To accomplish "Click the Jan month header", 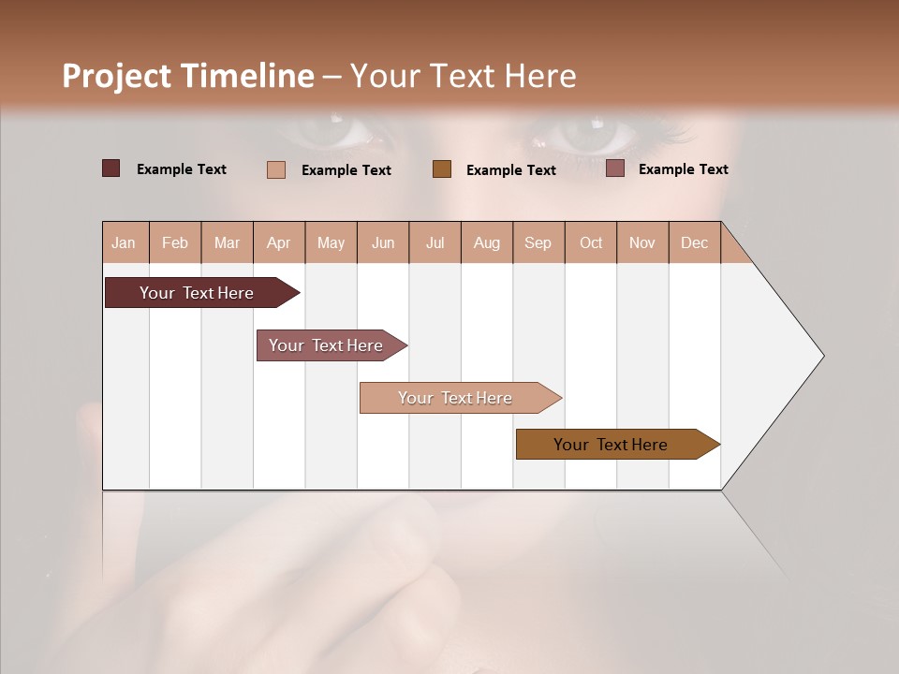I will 125,242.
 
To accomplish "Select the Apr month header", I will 279,242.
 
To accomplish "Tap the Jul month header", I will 435,242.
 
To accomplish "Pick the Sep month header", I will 538,242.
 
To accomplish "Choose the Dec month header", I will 694,242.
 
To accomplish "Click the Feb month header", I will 175,242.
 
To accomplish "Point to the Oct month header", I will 591,242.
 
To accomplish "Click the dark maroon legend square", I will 111,168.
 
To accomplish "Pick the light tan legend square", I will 276,169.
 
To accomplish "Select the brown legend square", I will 442,168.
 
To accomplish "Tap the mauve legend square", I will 615,168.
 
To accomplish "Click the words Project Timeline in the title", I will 188,76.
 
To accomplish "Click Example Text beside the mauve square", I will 683,168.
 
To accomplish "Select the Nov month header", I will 642,242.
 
